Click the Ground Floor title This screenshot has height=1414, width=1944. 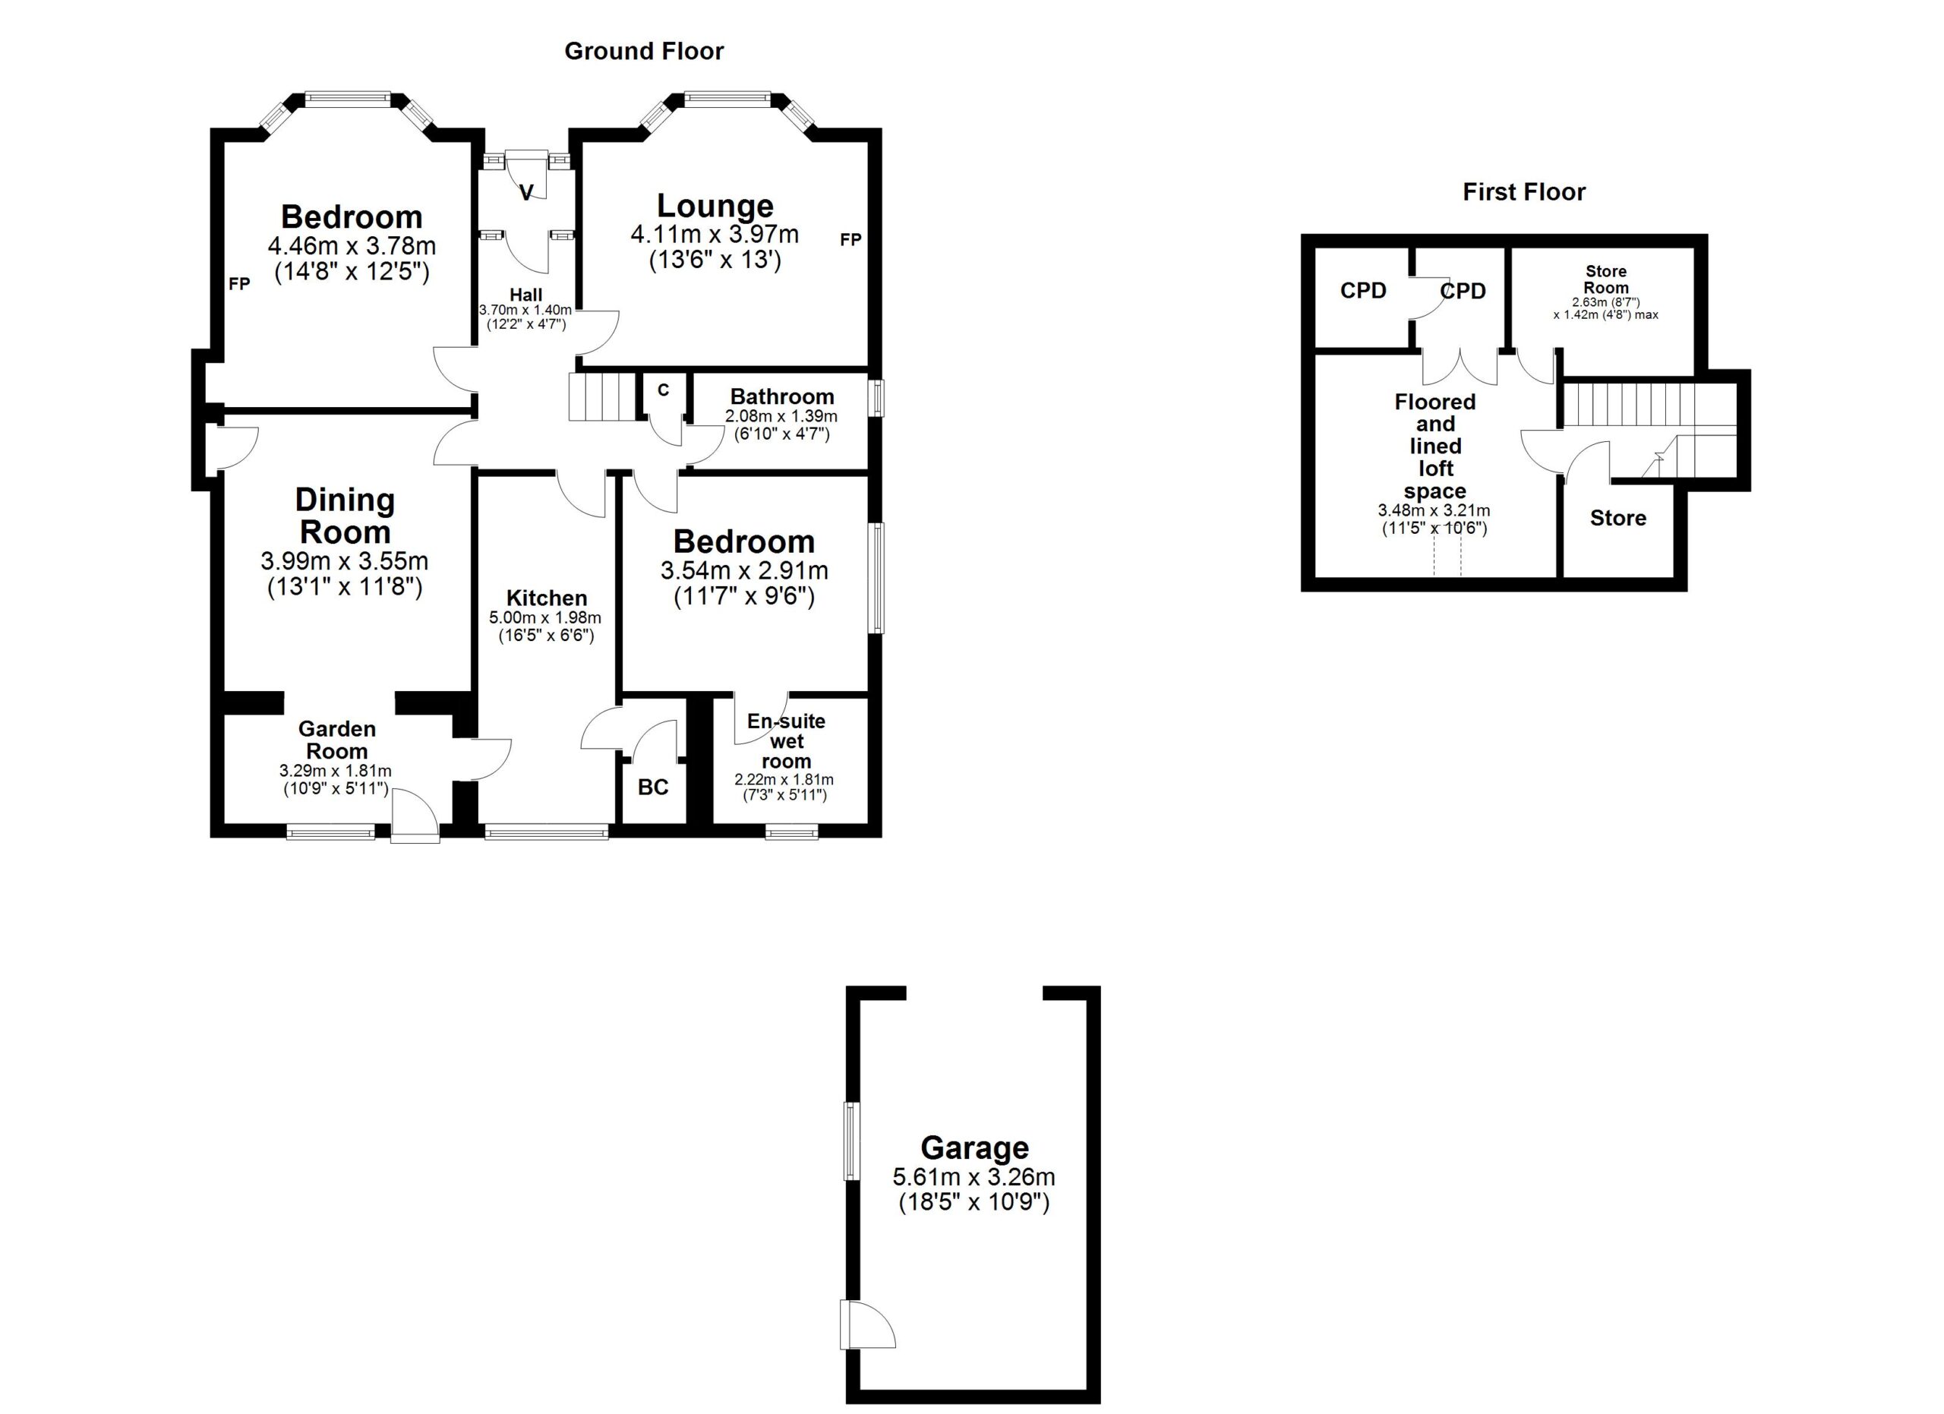644,52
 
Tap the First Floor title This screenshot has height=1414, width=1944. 1524,192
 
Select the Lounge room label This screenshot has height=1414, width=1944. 715,206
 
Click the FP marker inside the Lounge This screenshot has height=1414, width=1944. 850,240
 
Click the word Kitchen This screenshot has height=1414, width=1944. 546,598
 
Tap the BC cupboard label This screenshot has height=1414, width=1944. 653,787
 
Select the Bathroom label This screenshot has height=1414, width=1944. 781,396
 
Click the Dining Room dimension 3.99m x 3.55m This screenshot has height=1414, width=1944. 345,561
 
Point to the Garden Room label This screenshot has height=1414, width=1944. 337,740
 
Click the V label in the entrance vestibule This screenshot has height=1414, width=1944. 526,193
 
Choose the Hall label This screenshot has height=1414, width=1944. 525,295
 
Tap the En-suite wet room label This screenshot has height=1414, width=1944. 786,741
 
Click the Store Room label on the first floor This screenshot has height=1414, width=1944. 1605,279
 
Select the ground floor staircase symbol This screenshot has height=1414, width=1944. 605,395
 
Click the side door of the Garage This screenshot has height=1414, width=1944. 867,1325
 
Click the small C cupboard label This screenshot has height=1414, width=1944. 663,390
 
